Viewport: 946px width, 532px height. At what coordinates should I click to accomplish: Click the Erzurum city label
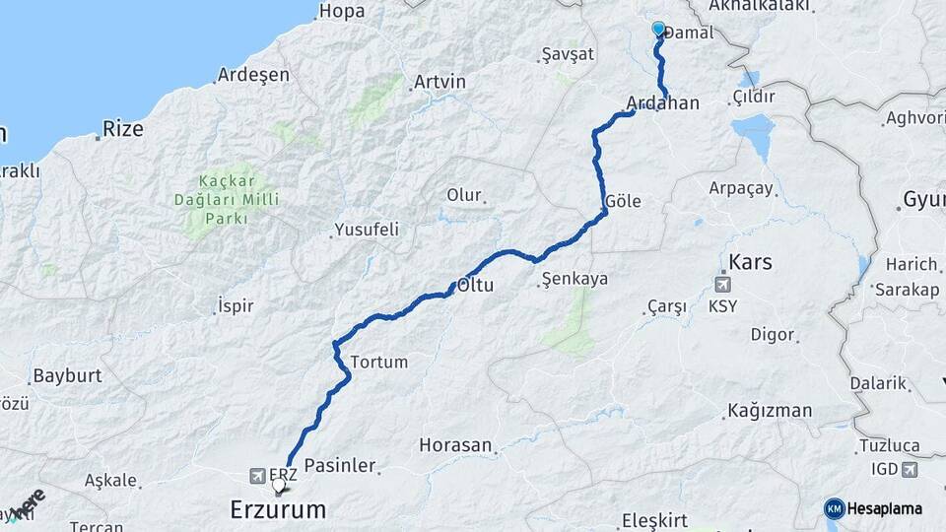[277, 509]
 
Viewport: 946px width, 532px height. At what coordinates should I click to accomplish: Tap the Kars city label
[750, 262]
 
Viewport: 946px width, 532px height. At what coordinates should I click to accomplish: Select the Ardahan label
[662, 102]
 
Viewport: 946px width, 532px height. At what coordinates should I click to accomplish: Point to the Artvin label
[439, 82]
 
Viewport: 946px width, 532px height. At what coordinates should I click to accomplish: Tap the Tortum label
[378, 362]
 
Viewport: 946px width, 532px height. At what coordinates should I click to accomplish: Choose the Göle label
[623, 201]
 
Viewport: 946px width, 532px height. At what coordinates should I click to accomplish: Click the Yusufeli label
[367, 230]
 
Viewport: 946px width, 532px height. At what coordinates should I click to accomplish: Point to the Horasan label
[454, 445]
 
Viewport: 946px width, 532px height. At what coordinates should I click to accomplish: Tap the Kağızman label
[770, 411]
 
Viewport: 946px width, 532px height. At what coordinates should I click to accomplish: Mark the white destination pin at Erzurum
[279, 484]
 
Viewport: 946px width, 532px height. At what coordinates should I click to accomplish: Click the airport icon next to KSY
[725, 285]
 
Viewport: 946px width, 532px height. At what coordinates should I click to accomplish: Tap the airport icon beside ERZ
[257, 475]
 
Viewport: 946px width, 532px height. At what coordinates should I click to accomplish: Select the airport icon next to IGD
[909, 469]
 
